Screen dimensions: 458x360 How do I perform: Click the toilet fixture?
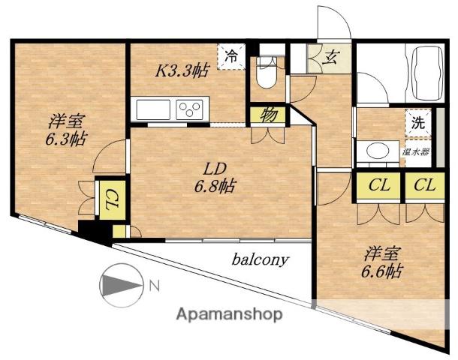click(x=266, y=73)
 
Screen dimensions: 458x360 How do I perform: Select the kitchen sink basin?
click(x=153, y=109)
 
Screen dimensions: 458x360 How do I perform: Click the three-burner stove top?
click(x=189, y=109)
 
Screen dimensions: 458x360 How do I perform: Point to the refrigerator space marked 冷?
click(x=231, y=56)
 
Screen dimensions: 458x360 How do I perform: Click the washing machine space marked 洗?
click(x=418, y=123)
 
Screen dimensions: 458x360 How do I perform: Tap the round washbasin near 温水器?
click(x=378, y=151)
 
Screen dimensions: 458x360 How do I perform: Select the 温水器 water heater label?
click(x=416, y=152)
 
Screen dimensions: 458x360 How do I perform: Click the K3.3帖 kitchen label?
click(x=182, y=71)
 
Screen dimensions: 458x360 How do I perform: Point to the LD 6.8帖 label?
click(x=215, y=177)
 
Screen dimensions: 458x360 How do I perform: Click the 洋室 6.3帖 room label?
click(x=66, y=130)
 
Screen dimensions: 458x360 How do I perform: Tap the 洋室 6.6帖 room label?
click(x=381, y=262)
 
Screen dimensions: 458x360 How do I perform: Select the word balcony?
click(x=260, y=259)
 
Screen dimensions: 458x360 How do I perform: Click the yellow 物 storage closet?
click(x=268, y=115)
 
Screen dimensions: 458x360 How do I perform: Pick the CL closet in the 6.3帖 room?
click(x=113, y=199)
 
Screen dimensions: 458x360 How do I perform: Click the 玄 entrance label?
click(x=329, y=58)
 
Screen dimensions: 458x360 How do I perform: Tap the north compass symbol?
click(x=121, y=285)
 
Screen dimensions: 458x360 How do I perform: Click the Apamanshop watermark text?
click(x=229, y=315)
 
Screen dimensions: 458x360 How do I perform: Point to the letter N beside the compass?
click(x=155, y=286)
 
